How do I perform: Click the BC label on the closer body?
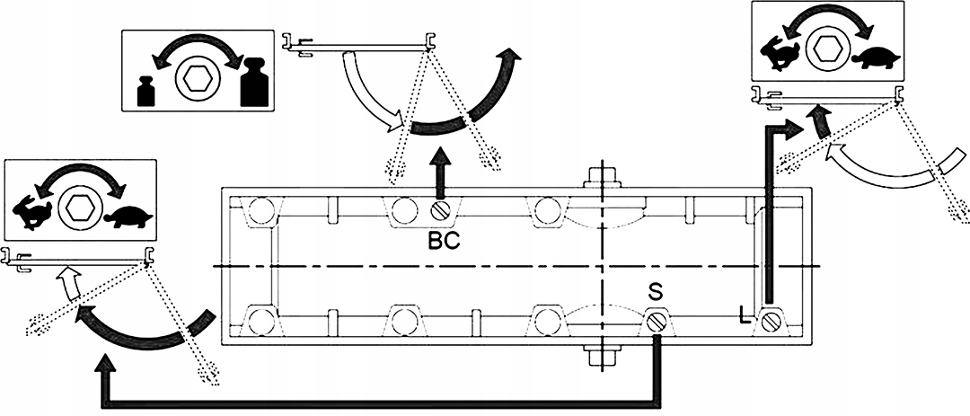445,241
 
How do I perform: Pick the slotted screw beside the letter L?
770,322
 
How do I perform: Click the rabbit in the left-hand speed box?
32,214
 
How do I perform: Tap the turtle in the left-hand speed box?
128,217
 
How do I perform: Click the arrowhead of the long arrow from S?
106,364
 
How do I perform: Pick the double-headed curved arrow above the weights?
198,49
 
